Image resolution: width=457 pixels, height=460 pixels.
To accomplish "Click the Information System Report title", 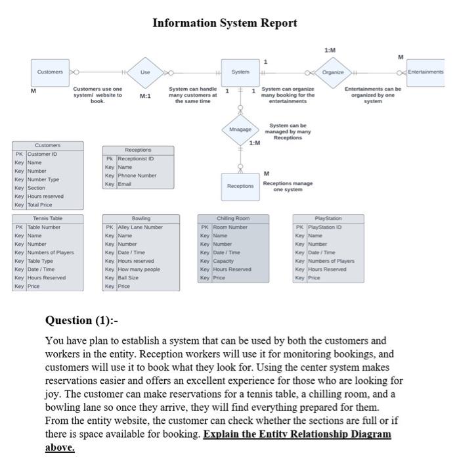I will [x=225, y=23].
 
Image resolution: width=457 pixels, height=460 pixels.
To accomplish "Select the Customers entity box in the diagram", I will [x=50, y=72].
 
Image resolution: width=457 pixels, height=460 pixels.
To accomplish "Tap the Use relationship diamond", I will [x=145, y=72].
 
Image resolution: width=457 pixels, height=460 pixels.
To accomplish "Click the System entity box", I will [x=240, y=72].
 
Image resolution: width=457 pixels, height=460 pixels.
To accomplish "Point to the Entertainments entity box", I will [x=425, y=72].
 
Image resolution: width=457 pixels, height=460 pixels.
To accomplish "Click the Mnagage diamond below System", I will [x=240, y=129].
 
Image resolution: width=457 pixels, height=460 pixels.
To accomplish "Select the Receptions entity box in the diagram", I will [x=240, y=186].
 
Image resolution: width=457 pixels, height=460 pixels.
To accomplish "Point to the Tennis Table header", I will [x=48, y=218].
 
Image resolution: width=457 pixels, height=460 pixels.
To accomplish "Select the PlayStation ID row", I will [x=329, y=227].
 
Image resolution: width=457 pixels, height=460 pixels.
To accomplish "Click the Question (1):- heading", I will [x=81, y=320].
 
